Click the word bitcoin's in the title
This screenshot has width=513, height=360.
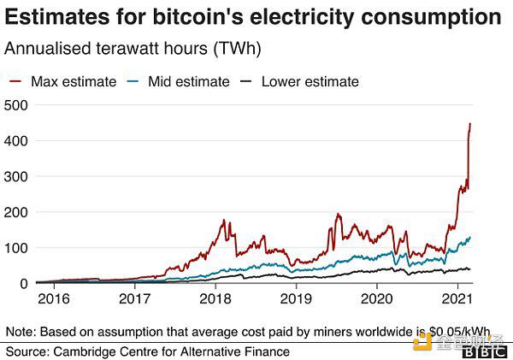pyautogui.click(x=198, y=17)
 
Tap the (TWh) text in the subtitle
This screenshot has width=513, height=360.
pyautogui.click(x=237, y=49)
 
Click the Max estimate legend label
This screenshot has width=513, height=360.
pyautogui.click(x=74, y=82)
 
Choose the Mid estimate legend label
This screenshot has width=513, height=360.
pyautogui.click(x=189, y=82)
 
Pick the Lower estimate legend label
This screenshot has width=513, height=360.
pyautogui.click(x=310, y=82)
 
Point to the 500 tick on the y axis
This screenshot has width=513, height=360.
pyautogui.click(x=15, y=105)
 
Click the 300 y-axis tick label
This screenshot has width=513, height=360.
pyautogui.click(x=15, y=177)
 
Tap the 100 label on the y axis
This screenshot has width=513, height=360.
pyautogui.click(x=15, y=248)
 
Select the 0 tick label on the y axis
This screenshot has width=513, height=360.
pyautogui.click(x=24, y=284)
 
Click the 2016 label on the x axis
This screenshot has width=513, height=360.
pyautogui.click(x=54, y=298)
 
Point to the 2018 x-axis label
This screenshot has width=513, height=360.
pyautogui.click(x=215, y=298)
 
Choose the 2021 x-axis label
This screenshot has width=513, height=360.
pyautogui.click(x=457, y=298)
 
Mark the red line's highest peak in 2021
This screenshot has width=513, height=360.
pyautogui.click(x=470, y=123)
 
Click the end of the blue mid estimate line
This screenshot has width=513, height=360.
pyautogui.click(x=470, y=237)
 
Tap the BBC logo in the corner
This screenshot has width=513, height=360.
pyautogui.click(x=485, y=352)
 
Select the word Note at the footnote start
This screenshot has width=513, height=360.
pyautogui.click(x=21, y=332)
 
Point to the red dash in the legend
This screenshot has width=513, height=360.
pyautogui.click(x=15, y=81)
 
